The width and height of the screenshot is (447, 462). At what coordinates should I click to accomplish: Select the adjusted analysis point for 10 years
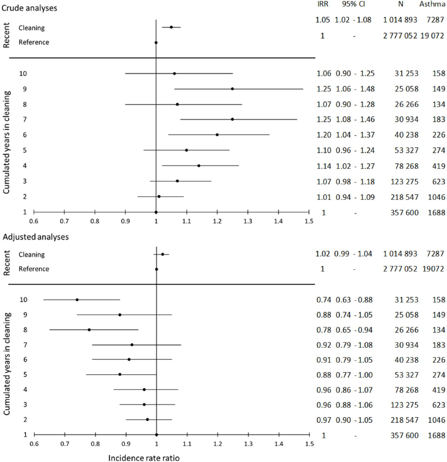(77, 300)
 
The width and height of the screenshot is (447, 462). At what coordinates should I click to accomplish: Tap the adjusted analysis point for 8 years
(89, 330)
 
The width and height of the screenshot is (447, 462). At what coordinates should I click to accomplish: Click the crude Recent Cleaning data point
(171, 27)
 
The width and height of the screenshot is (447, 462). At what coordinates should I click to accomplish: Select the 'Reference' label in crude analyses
(34, 43)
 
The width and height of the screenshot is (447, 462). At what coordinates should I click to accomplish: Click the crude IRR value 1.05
(323, 20)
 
